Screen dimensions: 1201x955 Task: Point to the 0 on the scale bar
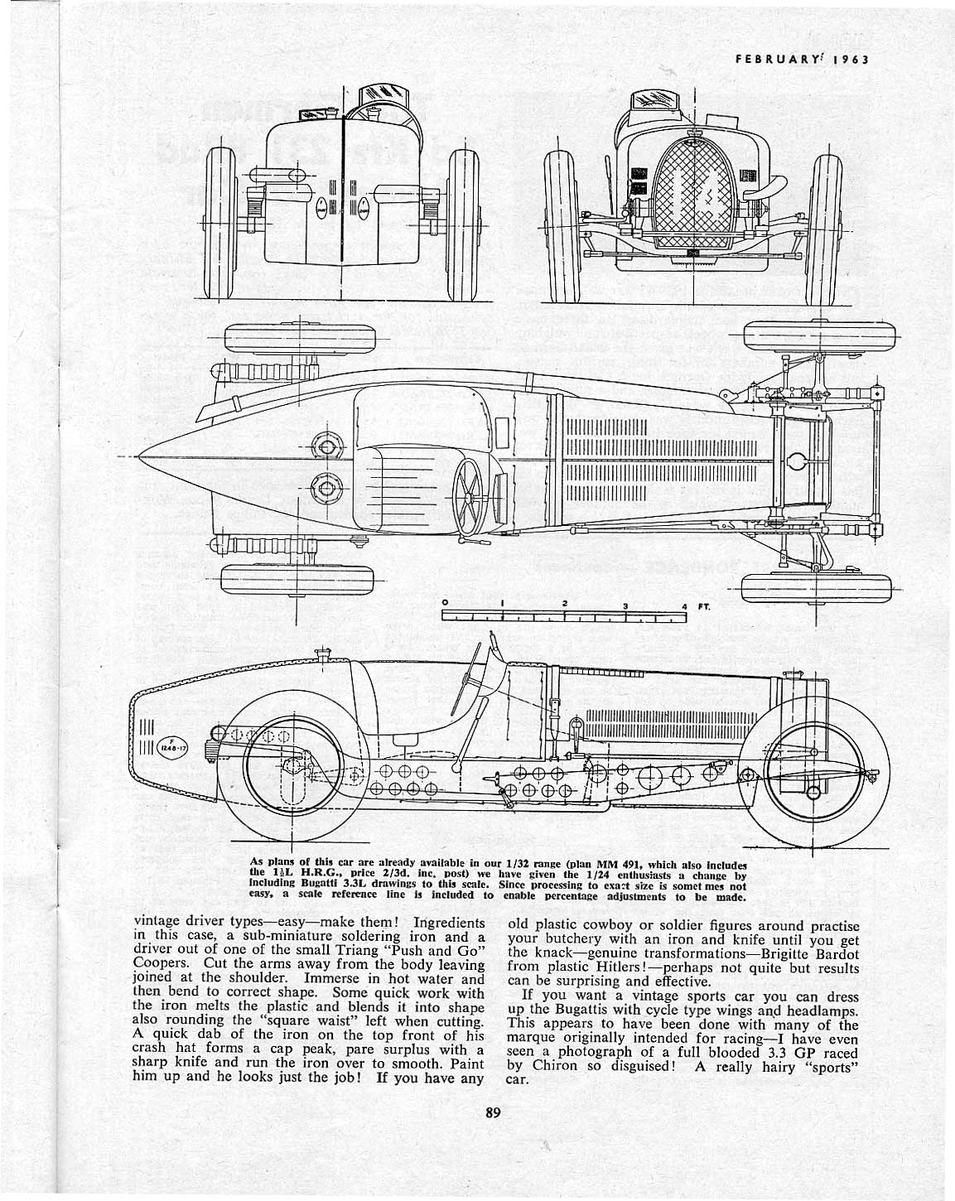[445, 601]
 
